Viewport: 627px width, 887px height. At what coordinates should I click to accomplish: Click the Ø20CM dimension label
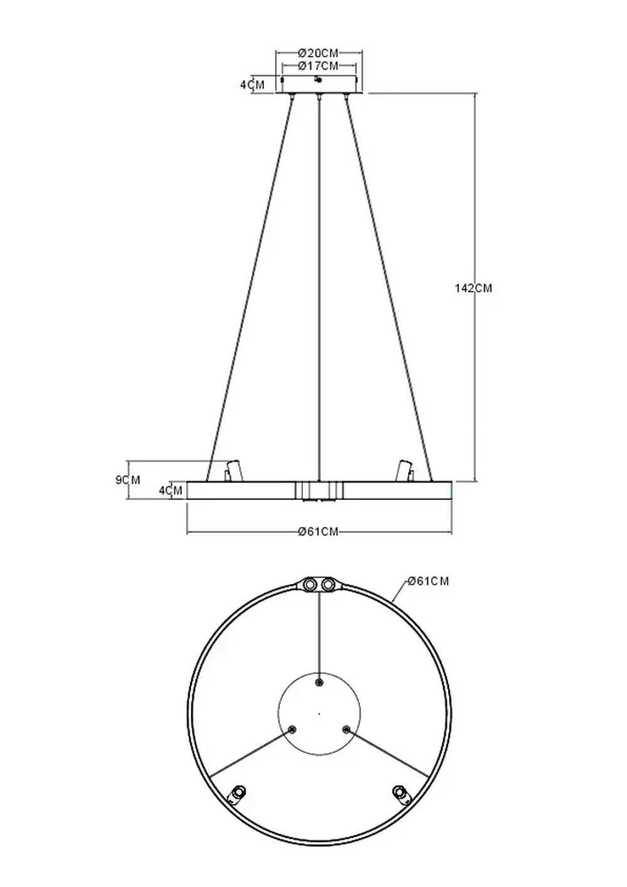click(x=318, y=53)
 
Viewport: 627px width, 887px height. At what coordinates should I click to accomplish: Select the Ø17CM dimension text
click(x=318, y=66)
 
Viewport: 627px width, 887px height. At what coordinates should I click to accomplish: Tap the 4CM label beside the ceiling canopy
click(x=252, y=85)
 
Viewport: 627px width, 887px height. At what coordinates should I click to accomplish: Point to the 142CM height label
click(x=473, y=288)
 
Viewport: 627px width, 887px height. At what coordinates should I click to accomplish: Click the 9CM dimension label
click(x=128, y=480)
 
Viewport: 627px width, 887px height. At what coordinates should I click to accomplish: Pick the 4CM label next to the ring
click(x=171, y=491)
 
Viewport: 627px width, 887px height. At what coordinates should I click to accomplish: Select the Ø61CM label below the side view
click(x=318, y=532)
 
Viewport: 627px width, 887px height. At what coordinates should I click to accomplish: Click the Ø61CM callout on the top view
click(x=428, y=582)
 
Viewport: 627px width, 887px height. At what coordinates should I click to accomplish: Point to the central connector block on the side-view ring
click(x=319, y=491)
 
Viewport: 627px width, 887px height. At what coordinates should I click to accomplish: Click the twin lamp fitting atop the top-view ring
click(x=319, y=585)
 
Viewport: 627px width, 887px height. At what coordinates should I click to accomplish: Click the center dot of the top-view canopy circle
click(x=319, y=713)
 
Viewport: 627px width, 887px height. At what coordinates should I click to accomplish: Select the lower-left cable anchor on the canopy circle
click(x=292, y=729)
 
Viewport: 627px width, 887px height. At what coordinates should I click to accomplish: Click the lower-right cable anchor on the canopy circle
click(x=346, y=729)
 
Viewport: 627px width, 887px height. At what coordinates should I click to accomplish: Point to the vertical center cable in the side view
click(x=320, y=282)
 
